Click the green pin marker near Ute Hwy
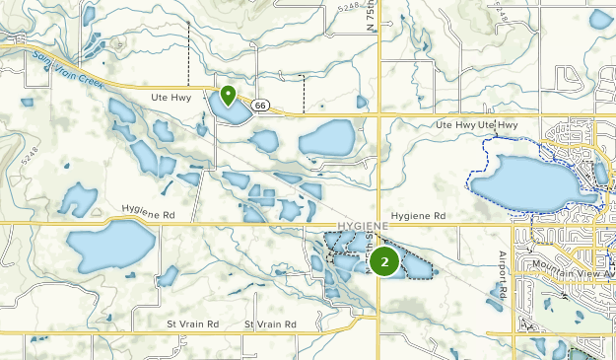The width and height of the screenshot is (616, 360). point(228,96)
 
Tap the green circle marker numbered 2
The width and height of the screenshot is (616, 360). point(384,261)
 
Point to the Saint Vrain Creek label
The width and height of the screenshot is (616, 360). point(68,68)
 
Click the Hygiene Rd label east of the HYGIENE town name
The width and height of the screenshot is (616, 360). point(418,215)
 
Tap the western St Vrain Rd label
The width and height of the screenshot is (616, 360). point(193,324)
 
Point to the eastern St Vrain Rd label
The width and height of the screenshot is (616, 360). point(270,324)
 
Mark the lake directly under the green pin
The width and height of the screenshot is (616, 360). point(230,110)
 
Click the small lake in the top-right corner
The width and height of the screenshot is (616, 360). point(601,17)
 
